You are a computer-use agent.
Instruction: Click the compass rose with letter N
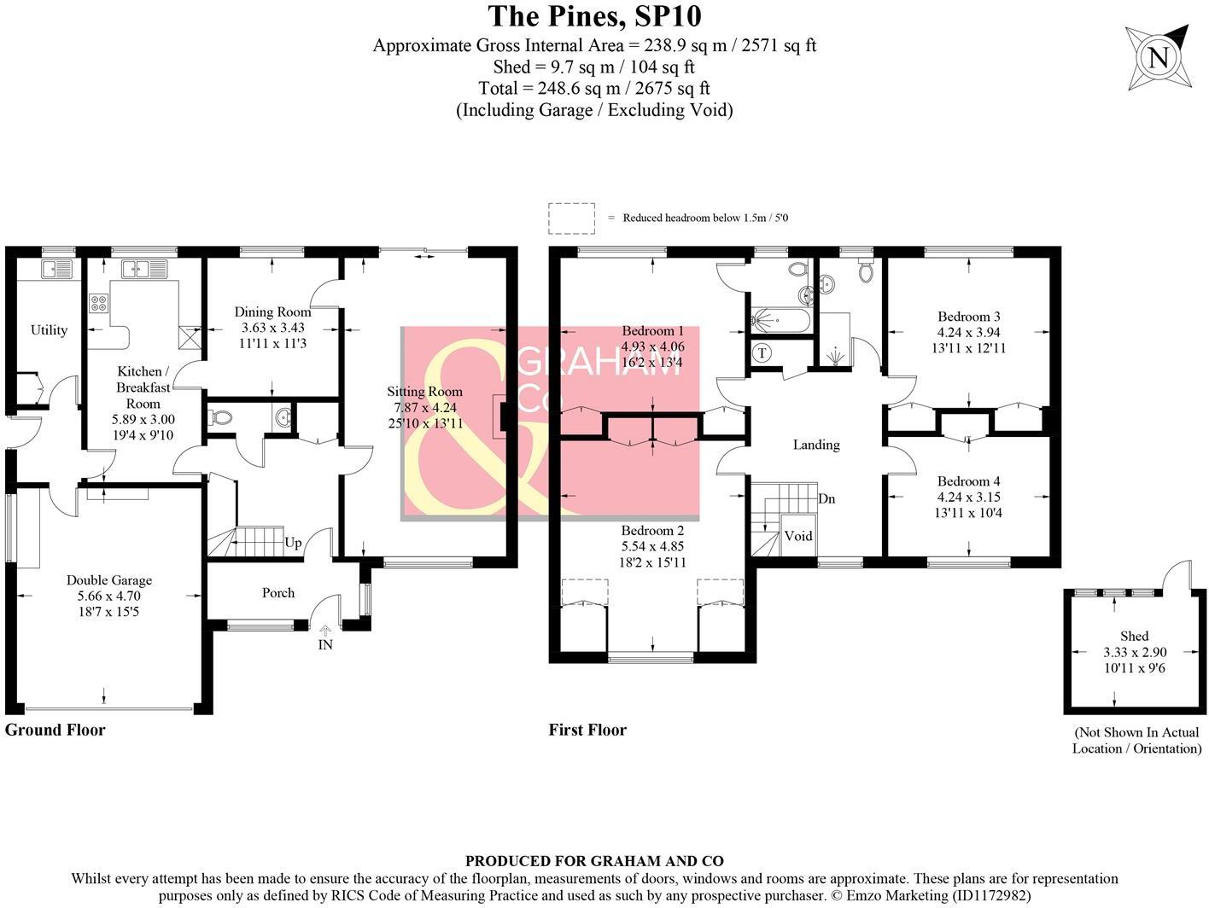coord(1157,58)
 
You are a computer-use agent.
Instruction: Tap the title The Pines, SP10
coord(594,16)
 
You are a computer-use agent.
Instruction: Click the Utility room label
coord(49,330)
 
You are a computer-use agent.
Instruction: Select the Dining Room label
coord(272,312)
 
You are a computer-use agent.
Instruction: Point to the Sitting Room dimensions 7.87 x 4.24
coord(424,408)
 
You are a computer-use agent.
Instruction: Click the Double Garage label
coord(109,580)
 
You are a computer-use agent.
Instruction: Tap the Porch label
coord(278,593)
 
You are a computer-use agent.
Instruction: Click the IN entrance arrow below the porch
coord(325,632)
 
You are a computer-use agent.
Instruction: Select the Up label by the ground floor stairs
coord(293,543)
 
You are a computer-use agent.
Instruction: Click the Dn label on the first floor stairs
coord(826,498)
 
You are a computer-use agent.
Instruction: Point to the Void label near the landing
coord(798,536)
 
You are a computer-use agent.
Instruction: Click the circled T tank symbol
coord(762,352)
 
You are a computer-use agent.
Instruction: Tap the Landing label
coord(815,445)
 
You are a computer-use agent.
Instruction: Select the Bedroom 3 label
coord(968,317)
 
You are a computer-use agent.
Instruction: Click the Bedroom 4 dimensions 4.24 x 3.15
coord(968,498)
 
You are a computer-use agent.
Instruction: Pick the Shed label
coord(1134,636)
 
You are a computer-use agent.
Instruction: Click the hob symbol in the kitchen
coord(98,304)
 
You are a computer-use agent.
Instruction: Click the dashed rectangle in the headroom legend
coord(571,218)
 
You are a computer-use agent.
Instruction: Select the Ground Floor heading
coord(55,730)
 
